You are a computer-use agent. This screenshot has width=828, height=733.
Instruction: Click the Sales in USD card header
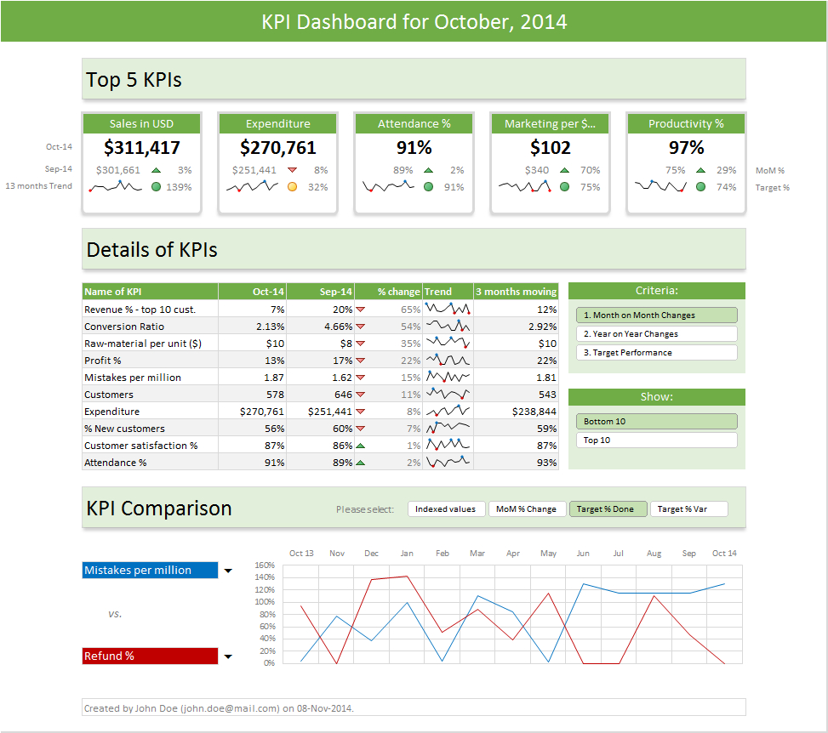click(141, 124)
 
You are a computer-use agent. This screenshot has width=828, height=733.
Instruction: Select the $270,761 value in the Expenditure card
click(277, 148)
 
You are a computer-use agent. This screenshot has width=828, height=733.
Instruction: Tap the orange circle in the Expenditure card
click(292, 187)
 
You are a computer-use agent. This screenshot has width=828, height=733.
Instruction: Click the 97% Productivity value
click(686, 148)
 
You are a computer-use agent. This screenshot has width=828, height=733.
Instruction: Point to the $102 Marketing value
click(550, 148)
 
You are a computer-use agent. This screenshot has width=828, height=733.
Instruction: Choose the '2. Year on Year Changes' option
click(656, 334)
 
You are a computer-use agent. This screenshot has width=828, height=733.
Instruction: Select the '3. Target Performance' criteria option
click(656, 353)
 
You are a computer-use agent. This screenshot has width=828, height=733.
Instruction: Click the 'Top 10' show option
click(656, 440)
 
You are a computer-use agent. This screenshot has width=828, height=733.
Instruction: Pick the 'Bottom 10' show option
click(656, 422)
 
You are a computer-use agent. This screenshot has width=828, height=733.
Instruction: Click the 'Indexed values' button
click(446, 509)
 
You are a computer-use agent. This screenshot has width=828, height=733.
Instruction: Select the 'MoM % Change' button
click(527, 509)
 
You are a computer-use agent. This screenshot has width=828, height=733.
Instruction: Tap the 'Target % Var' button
click(688, 509)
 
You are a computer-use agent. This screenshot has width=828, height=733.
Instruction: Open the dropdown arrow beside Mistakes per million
click(228, 571)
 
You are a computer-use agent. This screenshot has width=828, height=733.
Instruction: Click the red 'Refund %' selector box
click(150, 656)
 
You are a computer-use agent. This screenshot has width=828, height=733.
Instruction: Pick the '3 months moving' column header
click(516, 292)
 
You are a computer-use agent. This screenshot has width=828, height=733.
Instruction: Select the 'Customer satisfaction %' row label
click(141, 446)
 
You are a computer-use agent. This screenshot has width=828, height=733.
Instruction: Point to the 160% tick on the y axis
click(265, 565)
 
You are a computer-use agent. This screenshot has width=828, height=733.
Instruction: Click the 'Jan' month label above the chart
click(407, 554)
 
